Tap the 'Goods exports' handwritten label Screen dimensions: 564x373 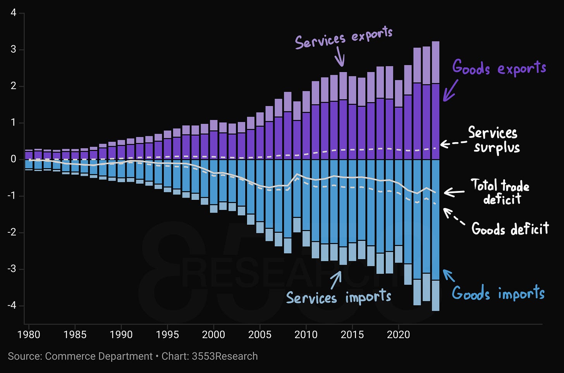pyautogui.click(x=499, y=67)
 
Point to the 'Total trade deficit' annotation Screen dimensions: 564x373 pyautogui.click(x=500, y=191)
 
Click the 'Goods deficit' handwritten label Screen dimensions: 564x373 pyautogui.click(x=510, y=228)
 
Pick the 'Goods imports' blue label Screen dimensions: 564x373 pyautogui.click(x=498, y=293)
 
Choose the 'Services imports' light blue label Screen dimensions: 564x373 pyautogui.click(x=339, y=297)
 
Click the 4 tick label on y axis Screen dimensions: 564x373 pyautogui.click(x=13, y=12)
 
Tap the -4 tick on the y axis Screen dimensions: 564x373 pyautogui.click(x=12, y=306)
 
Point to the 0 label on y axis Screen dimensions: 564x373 pyautogui.click(x=13, y=159)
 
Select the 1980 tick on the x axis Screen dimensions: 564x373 pyautogui.click(x=29, y=335)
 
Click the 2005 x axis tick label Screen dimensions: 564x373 pyautogui.click(x=260, y=335)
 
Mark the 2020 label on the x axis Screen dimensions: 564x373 pyautogui.click(x=398, y=335)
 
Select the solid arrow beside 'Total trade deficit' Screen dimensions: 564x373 pyautogui.click(x=454, y=193)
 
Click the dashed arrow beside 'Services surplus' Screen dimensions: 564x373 pyautogui.click(x=453, y=143)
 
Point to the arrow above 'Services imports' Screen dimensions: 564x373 pyautogui.click(x=336, y=280)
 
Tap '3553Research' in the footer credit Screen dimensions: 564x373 pyautogui.click(x=225, y=356)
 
